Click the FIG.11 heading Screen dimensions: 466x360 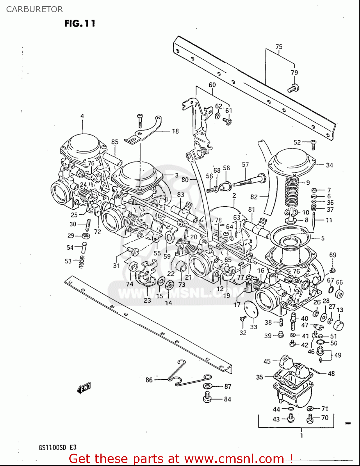coord(80,23)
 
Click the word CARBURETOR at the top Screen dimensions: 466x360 coord(35,9)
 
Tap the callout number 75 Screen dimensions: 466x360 coord(279,47)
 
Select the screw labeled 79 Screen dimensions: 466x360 coord(293,88)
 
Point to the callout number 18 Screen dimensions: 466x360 coord(175,131)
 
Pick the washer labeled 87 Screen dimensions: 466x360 coord(207,386)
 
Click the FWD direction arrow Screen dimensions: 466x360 coord(83,388)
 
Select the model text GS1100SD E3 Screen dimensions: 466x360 coord(57,448)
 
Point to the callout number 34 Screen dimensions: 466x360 coord(330,165)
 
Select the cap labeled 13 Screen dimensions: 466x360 coord(339,325)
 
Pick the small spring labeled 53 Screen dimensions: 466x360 coord(82,262)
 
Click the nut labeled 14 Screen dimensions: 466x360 coord(170,285)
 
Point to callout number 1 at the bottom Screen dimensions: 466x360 coord(301,436)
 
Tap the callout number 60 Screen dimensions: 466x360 coord(212,85)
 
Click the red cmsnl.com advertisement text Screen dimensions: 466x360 coord(180,459)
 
